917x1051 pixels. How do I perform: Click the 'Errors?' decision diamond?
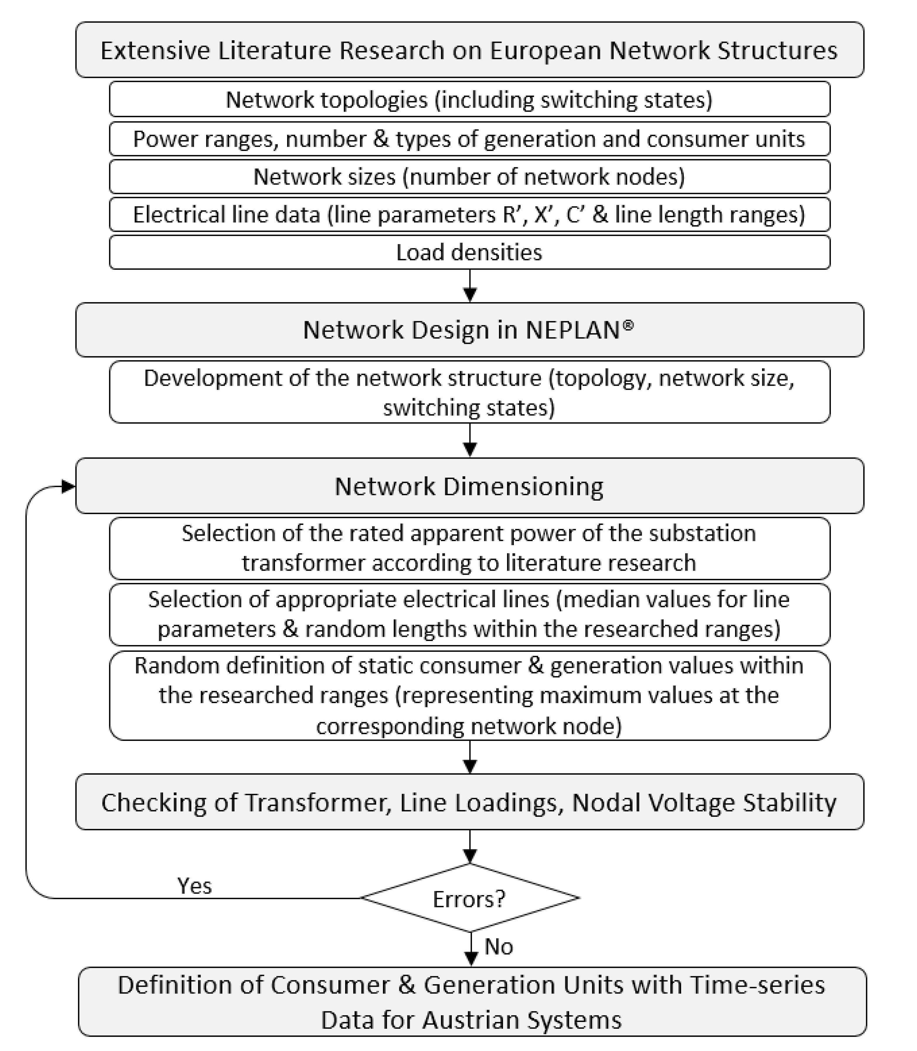click(469, 898)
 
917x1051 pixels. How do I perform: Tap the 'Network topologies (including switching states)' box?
click(469, 99)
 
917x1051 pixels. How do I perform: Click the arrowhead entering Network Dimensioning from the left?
click(68, 486)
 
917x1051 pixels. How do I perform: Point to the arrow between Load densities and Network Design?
click(470, 287)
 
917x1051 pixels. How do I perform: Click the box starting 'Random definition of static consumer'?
click(469, 695)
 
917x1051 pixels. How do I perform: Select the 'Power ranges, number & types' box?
click(469, 139)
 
